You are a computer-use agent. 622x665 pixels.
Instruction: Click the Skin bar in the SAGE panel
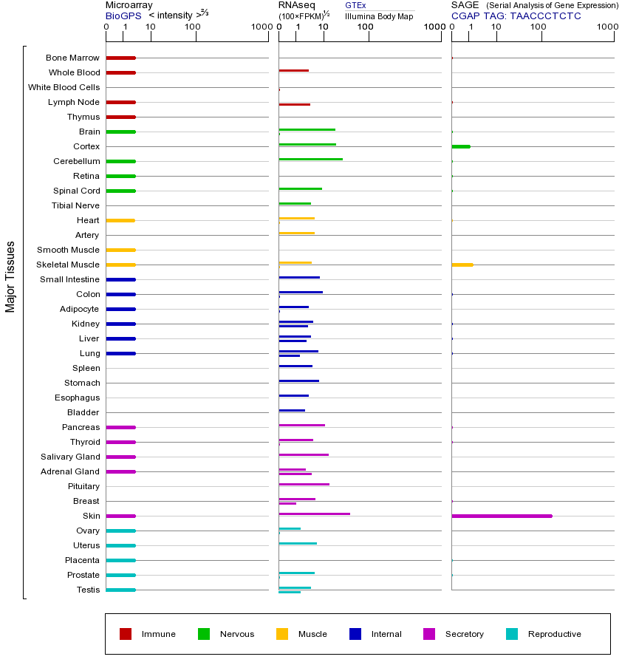pyautogui.click(x=502, y=516)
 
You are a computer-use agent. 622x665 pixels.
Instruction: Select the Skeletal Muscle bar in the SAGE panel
pyautogui.click(x=462, y=265)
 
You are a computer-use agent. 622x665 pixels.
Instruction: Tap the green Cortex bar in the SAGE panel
pyautogui.click(x=460, y=146)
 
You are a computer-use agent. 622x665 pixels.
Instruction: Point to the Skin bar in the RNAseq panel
pyautogui.click(x=314, y=514)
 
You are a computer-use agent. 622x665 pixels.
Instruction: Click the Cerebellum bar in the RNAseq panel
pyautogui.click(x=310, y=159)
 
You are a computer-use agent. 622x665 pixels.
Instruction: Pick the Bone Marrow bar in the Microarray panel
pyautogui.click(x=120, y=58)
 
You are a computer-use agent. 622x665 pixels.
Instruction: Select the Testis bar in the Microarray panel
pyautogui.click(x=120, y=590)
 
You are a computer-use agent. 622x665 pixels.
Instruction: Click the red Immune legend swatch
pyautogui.click(x=126, y=634)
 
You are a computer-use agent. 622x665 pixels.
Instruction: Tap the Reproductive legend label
pyautogui.click(x=554, y=634)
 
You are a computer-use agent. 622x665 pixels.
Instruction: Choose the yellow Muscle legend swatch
pyautogui.click(x=282, y=634)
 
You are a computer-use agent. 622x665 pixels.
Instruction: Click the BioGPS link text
pyautogui.click(x=122, y=16)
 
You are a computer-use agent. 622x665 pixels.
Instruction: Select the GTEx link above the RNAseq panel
pyautogui.click(x=355, y=5)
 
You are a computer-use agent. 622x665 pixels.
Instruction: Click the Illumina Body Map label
pyautogui.click(x=379, y=16)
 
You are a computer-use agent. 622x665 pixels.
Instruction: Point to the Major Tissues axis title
pyautogui.click(x=10, y=276)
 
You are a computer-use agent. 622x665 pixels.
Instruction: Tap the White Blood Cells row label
pyautogui.click(x=64, y=87)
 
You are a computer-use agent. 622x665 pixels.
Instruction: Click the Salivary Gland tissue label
pyautogui.click(x=70, y=457)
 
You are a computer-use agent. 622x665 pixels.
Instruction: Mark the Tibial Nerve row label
pyautogui.click(x=75, y=205)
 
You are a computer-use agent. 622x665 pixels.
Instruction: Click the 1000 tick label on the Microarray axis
pyautogui.click(x=260, y=27)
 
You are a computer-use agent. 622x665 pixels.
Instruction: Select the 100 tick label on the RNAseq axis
pyautogui.click(x=365, y=27)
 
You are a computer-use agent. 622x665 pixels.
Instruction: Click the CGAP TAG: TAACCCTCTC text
pyautogui.click(x=516, y=16)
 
